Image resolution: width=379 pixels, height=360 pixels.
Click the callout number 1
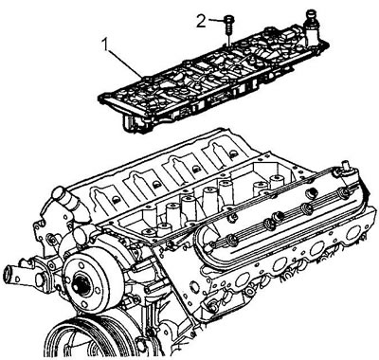pos(106,46)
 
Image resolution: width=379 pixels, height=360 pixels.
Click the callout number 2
pos(201,21)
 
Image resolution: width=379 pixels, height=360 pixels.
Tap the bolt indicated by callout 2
pos(227,25)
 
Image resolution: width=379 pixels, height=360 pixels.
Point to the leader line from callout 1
pos(125,63)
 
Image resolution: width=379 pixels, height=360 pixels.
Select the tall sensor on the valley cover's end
pos(310,27)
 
